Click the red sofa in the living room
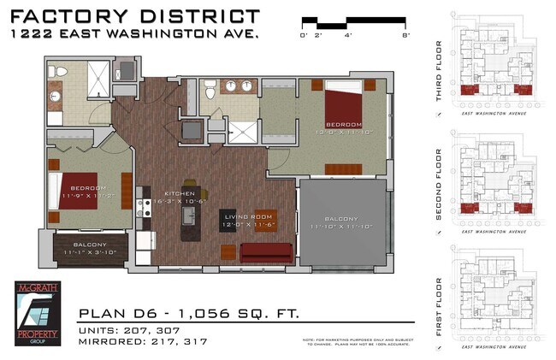[267, 252]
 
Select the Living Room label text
[248, 216]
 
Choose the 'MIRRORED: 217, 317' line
[144, 342]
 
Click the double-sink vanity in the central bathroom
[235, 86]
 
